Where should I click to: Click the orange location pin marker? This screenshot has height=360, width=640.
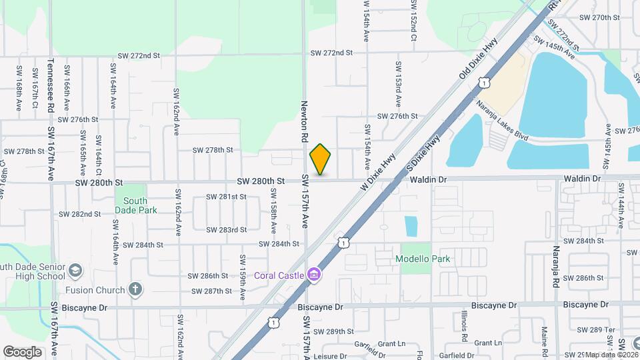pos(321,159)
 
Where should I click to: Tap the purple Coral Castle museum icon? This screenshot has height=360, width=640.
pos(314,275)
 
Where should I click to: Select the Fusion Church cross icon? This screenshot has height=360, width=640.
pos(135,289)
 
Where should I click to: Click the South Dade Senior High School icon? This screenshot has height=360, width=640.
pos(75,271)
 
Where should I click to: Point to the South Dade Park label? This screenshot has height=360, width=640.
pos(135,205)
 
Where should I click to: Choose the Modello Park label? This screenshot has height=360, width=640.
pos(423,259)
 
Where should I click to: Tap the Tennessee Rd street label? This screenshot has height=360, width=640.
pos(51,85)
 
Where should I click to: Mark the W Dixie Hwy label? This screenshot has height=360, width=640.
pos(378,172)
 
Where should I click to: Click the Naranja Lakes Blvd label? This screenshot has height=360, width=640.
pos(503,121)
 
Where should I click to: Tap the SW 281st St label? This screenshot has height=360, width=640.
pos(226,197)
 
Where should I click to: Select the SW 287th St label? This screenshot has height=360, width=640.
pos(211,291)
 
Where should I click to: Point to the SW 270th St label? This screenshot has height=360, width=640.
pos(600,17)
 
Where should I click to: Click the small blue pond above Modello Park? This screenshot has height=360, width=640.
pos(411,226)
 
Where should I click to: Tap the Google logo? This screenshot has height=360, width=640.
pos(23,351)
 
